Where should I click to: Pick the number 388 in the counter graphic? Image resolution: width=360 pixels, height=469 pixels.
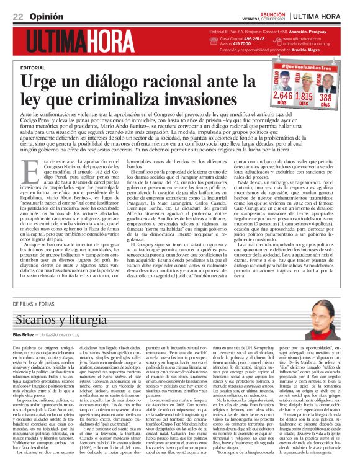click(x=326, y=97)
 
